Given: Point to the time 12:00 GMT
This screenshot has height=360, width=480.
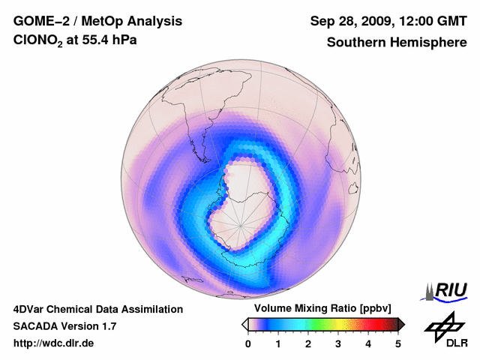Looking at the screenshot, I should (x=433, y=22).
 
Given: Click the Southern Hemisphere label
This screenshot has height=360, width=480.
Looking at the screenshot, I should (x=397, y=43).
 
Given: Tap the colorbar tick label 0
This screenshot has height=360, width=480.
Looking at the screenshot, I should (x=248, y=343).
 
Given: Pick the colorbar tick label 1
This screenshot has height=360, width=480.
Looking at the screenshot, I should (x=278, y=343).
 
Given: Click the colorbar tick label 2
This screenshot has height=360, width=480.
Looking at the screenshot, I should (x=308, y=343).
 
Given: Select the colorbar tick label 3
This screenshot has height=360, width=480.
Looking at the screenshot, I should (x=338, y=343).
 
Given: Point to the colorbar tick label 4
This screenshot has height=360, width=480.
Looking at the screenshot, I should (x=368, y=343).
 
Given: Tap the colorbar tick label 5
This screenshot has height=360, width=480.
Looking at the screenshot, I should (x=398, y=343).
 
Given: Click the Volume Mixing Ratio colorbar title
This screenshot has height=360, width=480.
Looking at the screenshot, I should (x=319, y=308).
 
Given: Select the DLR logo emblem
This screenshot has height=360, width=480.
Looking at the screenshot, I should (x=443, y=325).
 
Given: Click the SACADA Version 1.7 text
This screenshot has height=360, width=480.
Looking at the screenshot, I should (x=64, y=326).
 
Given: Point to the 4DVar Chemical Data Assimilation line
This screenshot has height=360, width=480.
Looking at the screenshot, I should (x=97, y=309).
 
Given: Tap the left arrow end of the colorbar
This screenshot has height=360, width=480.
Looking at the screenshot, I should (x=244, y=324).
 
